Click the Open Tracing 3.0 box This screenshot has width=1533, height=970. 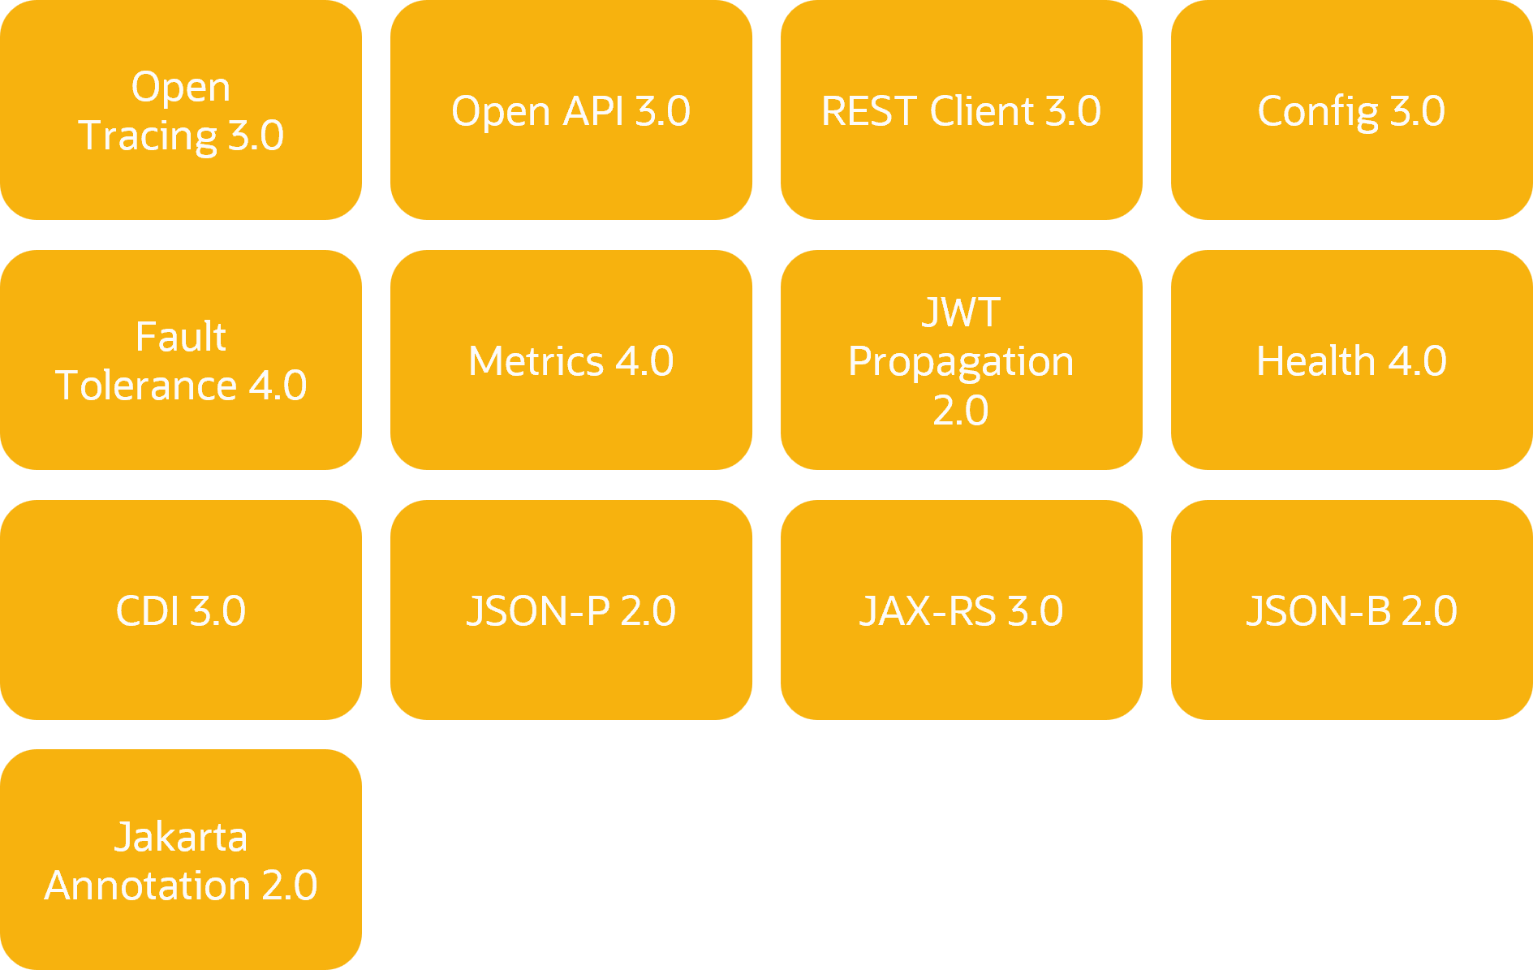click(x=181, y=110)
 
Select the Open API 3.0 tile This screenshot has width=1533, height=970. click(x=571, y=110)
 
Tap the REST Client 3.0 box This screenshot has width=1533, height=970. click(x=962, y=110)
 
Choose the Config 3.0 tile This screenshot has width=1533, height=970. click(x=1352, y=110)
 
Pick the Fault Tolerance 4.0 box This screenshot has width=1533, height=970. click(x=181, y=360)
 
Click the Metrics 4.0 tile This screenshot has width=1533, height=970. click(x=571, y=360)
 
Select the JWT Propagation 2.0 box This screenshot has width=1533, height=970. click(x=962, y=360)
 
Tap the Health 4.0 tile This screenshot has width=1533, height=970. click(x=1352, y=360)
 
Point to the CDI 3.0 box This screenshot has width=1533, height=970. click(x=181, y=610)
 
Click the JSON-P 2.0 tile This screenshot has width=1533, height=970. click(x=571, y=610)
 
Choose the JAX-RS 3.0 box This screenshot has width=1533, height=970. click(x=962, y=610)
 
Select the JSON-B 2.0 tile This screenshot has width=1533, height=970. click(x=1352, y=610)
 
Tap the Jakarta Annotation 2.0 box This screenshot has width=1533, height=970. click(x=181, y=860)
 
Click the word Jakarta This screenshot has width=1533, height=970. click(x=181, y=837)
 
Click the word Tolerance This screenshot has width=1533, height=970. click(x=146, y=385)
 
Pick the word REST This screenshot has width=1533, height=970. click(x=869, y=111)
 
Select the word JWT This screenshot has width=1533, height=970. click(x=962, y=313)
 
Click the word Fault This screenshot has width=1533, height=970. click(x=181, y=336)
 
